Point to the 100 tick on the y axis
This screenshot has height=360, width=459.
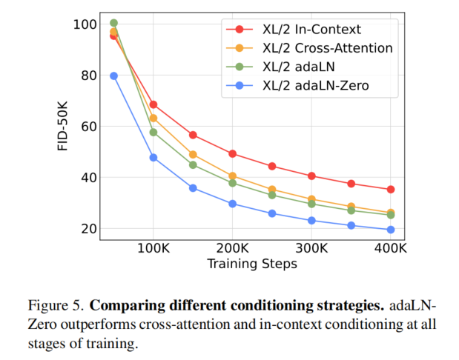87,24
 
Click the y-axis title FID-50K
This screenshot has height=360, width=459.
65,127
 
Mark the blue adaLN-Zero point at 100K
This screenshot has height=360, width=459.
153,158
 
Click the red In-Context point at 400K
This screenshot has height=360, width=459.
391,190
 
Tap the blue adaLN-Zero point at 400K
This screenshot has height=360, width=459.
391,230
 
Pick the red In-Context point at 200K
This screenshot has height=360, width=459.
232,154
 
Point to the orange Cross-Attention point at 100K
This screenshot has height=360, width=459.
153,118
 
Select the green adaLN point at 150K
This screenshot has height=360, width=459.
193,165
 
